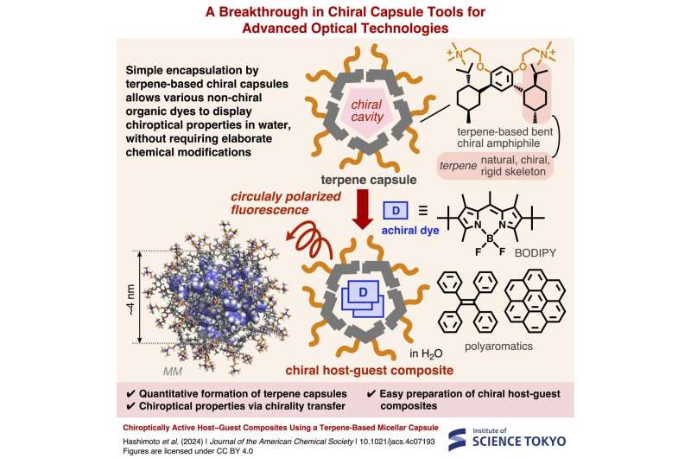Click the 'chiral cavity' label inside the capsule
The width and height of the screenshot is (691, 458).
pos(366,111)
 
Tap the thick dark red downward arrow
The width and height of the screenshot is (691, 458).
pos(363,209)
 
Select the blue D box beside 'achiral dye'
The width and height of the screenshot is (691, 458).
pos(396,211)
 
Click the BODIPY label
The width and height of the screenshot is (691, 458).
pos(535,253)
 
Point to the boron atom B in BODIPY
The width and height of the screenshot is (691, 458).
pos(490,239)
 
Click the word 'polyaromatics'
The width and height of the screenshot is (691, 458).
pos(498,347)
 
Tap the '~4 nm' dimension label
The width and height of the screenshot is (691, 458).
pos(130,299)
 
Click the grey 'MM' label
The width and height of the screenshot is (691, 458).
pos(172,372)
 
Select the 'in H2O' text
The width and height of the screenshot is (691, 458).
pos(426,353)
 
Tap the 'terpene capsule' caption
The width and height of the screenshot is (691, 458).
pos(369,180)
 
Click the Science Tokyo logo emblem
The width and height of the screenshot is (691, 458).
pos(457,440)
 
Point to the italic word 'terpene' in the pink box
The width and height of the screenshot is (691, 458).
pos(458,166)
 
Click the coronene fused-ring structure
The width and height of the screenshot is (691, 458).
pos(535,301)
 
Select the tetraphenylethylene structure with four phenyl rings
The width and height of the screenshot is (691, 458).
pos(467,302)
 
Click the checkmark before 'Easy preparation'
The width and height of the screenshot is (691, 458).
pos(371,394)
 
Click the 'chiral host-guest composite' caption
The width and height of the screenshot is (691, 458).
pos(370,370)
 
